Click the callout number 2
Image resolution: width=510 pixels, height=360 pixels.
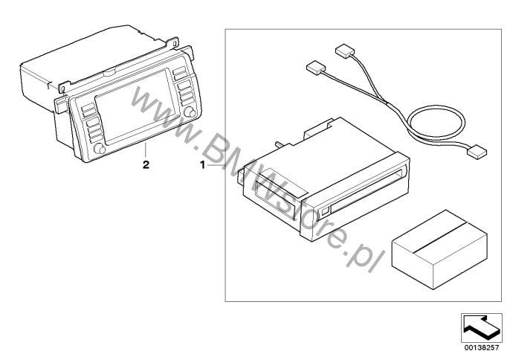tap(146, 164)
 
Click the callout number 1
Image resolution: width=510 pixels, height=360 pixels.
tap(203, 165)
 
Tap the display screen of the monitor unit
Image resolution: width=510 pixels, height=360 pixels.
tap(136, 105)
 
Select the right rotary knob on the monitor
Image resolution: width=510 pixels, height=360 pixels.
tap(190, 112)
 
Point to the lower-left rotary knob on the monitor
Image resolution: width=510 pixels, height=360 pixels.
tap(100, 149)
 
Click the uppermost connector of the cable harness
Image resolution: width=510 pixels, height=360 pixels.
tap(343, 51)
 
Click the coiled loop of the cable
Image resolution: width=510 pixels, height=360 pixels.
tap(436, 123)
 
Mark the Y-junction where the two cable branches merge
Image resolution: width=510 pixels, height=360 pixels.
tap(386, 103)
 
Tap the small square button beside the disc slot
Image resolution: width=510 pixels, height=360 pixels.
tap(325, 211)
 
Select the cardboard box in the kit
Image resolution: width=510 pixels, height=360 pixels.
tap(440, 249)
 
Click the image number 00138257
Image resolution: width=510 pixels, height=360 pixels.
tap(482, 347)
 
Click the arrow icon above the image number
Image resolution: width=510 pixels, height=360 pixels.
tap(482, 327)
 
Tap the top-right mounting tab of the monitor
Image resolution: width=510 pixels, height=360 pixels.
tap(187, 51)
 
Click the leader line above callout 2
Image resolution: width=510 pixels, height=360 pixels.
tap(146, 150)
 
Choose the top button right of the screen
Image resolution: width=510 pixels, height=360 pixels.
tap(179, 71)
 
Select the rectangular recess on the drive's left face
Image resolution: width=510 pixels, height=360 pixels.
tap(275, 201)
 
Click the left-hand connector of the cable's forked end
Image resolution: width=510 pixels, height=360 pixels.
tap(316, 67)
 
